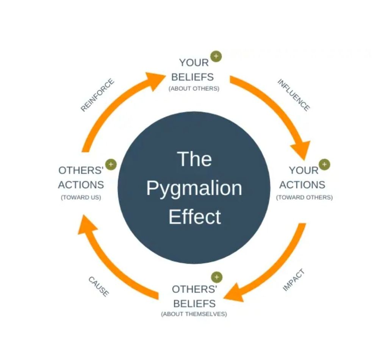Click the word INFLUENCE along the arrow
[x=294, y=95]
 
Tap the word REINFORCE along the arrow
[x=97, y=95]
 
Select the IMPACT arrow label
[x=294, y=280]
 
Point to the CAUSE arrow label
[x=99, y=286]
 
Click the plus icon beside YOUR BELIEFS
[x=216, y=56]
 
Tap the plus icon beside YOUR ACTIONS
[x=324, y=164]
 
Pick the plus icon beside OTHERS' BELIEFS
[x=217, y=277]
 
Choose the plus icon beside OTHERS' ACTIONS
[x=111, y=164]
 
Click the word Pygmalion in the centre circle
[x=194, y=188]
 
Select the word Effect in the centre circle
[x=194, y=217]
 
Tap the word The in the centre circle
[x=194, y=159]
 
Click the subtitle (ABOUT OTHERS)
[x=194, y=89]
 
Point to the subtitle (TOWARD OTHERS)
[x=304, y=197]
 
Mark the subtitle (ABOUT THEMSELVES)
[x=194, y=314]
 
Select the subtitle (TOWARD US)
[x=81, y=197]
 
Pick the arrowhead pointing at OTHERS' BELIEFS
[x=232, y=292]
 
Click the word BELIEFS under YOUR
[x=192, y=77]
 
